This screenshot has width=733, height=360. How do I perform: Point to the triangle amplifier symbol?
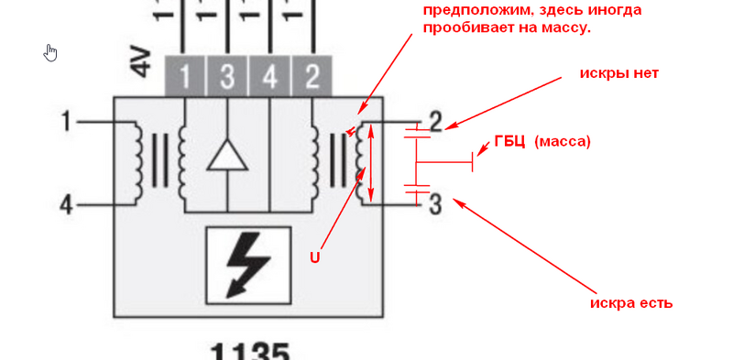click(227, 157)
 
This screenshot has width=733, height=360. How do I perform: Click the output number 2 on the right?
click(435, 121)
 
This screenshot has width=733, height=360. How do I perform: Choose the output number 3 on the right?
click(435, 202)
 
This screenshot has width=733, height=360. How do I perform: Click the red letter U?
click(313, 257)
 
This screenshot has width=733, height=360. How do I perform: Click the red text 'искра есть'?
click(631, 302)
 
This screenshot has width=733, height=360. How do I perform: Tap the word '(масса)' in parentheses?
click(563, 141)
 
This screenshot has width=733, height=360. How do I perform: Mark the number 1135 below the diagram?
click(250, 352)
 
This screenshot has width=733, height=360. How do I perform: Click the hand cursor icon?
click(51, 52)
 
